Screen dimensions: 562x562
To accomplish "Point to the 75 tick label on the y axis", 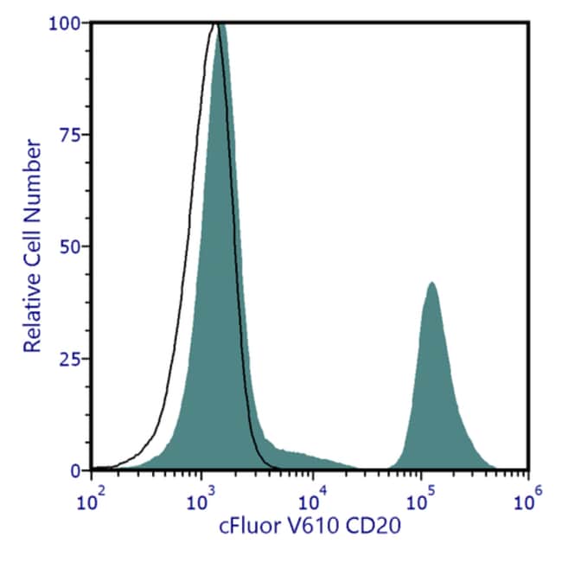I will [x=72, y=135].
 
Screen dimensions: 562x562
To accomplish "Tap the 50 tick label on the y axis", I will [x=72, y=246].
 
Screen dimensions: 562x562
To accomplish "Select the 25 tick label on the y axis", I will [x=72, y=359].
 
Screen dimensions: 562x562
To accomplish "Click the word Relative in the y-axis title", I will [x=33, y=311].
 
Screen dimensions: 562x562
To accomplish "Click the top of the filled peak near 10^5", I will [x=431, y=283].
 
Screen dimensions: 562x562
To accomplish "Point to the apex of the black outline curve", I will [x=214, y=25].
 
